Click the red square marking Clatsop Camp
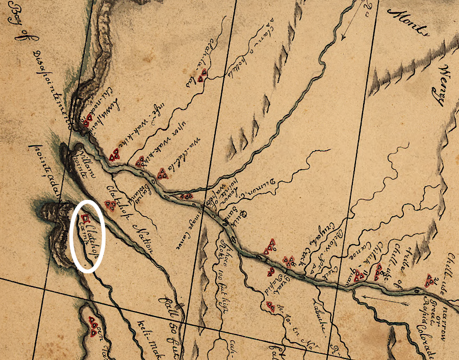click(85, 219)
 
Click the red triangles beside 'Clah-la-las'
click(203, 75)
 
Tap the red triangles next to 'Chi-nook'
click(88, 120)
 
